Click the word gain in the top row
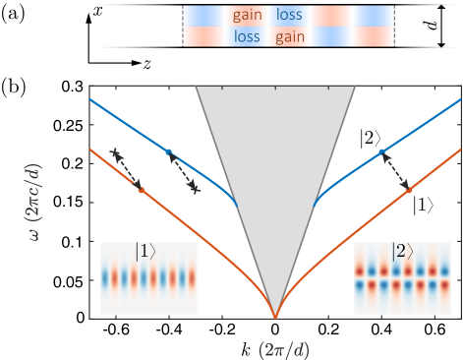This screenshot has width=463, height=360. pyautogui.click(x=247, y=16)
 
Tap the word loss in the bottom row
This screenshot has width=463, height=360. pyautogui.click(x=247, y=37)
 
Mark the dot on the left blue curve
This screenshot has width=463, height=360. pyautogui.click(x=168, y=151)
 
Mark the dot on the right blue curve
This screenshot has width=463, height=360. pyautogui.click(x=382, y=151)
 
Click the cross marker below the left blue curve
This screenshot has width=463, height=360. pyautogui.click(x=196, y=186)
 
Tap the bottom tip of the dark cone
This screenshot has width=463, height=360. pyautogui.click(x=275, y=317)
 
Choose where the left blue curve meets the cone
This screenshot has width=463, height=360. pyautogui.click(x=238, y=207)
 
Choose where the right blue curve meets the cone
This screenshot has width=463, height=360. pyautogui.click(x=313, y=207)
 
